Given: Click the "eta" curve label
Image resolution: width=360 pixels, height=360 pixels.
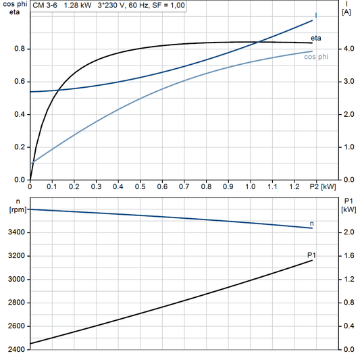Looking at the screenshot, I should pos(315,38).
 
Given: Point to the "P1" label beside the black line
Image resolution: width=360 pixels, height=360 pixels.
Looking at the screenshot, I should pos(311,254).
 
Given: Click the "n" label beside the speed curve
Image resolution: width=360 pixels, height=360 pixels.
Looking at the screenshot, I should pos(311,223).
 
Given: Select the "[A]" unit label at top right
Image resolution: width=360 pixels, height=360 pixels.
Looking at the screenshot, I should pos(346,12).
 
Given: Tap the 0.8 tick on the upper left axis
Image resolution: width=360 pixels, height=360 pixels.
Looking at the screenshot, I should pos(18,49).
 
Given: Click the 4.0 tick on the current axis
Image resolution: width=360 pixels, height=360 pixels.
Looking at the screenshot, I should pos(347,49).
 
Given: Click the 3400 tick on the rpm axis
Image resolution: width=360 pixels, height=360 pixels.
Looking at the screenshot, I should pos(15,232).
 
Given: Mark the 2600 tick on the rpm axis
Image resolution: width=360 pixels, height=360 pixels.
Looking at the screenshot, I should pos(15,326).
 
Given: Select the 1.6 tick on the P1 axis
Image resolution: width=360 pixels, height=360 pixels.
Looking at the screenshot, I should pos(347,256).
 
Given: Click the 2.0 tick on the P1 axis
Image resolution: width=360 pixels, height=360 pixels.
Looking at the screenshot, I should pos(347,232).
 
